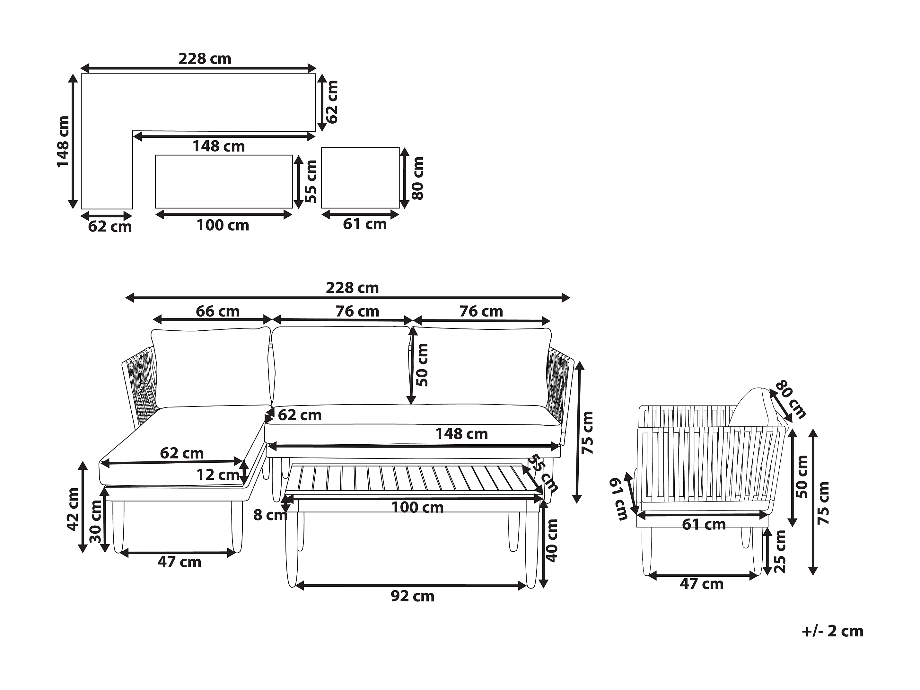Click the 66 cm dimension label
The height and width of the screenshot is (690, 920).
[x=217, y=311]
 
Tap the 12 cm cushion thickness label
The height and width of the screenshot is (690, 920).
[x=217, y=475]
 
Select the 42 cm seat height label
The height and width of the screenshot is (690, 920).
[x=73, y=510]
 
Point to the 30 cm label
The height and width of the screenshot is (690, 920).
[x=96, y=521]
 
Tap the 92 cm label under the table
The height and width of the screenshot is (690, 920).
[x=412, y=597]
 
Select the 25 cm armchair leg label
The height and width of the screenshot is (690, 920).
[x=780, y=552]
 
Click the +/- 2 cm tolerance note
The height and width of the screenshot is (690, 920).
[x=832, y=631]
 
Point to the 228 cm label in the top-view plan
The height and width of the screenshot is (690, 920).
[x=205, y=59]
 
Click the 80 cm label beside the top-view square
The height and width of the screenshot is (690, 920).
[x=417, y=178]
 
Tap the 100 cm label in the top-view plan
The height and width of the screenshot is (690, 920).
[x=223, y=225]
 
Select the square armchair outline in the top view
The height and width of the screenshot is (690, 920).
[x=360, y=178]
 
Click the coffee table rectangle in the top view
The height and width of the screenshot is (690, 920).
[x=224, y=181]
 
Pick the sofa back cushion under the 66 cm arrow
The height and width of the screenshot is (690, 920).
[x=211, y=368]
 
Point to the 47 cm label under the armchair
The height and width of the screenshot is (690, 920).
[x=702, y=584]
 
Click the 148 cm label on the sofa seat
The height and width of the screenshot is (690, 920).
[x=461, y=434]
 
